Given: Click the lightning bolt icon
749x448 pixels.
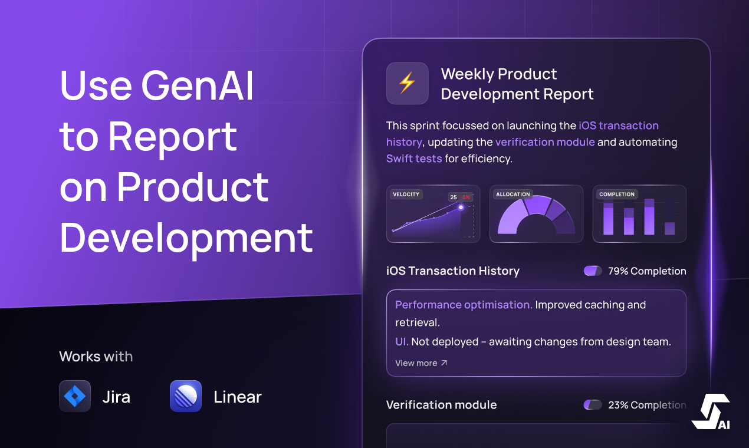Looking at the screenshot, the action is pyautogui.click(x=407, y=83).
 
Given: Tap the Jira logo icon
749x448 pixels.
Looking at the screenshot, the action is pyautogui.click(x=75, y=396).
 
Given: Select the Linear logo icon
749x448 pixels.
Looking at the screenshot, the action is pyautogui.click(x=186, y=396).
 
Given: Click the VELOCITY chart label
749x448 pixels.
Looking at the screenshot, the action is pyautogui.click(x=406, y=195).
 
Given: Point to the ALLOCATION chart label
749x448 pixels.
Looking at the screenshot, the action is pyautogui.click(x=513, y=195).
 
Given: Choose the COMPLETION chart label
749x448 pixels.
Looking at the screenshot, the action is pyautogui.click(x=616, y=195).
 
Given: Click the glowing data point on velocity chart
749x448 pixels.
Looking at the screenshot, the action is pyautogui.click(x=461, y=207).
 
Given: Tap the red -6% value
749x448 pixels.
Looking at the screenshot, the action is pyautogui.click(x=465, y=197).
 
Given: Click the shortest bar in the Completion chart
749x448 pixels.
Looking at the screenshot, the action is pyautogui.click(x=669, y=228).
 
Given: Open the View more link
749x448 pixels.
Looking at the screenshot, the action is pyautogui.click(x=421, y=363).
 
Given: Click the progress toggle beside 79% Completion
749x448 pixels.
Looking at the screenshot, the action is pyautogui.click(x=593, y=271).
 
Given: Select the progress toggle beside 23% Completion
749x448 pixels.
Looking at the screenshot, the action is pyautogui.click(x=593, y=405).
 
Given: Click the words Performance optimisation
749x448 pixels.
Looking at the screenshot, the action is pyautogui.click(x=464, y=305).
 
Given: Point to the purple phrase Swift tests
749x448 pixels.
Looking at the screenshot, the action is pyautogui.click(x=414, y=159).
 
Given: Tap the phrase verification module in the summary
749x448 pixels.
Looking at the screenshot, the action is pyautogui.click(x=545, y=142).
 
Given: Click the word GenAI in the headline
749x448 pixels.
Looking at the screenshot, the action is pyautogui.click(x=198, y=85).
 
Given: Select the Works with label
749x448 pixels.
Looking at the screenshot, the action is pyautogui.click(x=96, y=357).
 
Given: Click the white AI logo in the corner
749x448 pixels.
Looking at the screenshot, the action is pyautogui.click(x=711, y=412).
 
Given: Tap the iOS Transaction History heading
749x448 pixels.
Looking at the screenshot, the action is pyautogui.click(x=453, y=271).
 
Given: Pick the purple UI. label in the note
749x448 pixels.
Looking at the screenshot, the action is pyautogui.click(x=402, y=342).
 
